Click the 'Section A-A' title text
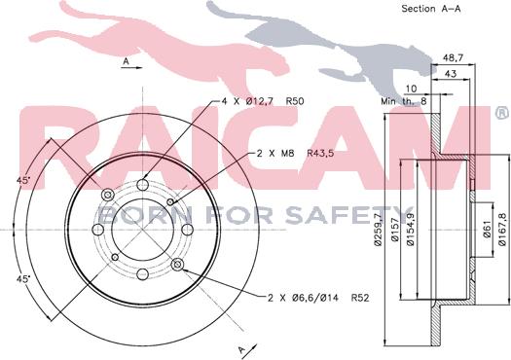[x=431, y=9]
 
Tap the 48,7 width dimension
[x=453, y=58]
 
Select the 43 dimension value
[x=451, y=74]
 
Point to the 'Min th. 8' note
[x=404, y=101]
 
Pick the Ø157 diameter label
[x=395, y=230]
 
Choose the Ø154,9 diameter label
[x=411, y=229]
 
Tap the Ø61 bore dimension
[x=488, y=230]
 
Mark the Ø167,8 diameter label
[x=502, y=229]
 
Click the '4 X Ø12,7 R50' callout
[x=263, y=101]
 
